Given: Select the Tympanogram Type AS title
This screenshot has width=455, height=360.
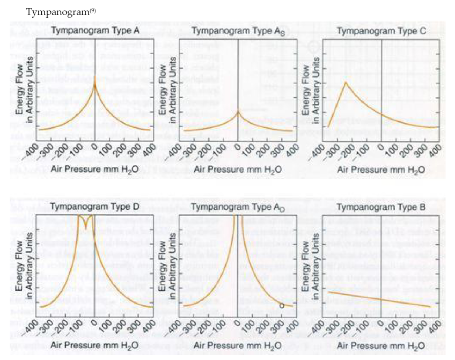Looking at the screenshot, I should [x=238, y=32].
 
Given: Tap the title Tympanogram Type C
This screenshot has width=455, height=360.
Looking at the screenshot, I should [x=381, y=32].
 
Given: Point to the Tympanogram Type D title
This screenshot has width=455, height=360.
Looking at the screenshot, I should [x=94, y=207].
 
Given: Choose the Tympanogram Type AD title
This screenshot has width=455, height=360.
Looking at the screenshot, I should [x=238, y=207].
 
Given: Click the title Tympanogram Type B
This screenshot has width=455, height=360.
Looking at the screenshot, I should [x=381, y=207].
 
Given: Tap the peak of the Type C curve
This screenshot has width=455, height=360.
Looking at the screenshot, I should [x=346, y=82].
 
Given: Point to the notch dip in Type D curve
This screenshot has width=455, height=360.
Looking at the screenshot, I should [x=85, y=229].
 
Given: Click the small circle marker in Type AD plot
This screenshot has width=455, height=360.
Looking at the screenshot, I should [x=282, y=305].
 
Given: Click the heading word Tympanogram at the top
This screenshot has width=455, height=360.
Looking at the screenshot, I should [x=52, y=11].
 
